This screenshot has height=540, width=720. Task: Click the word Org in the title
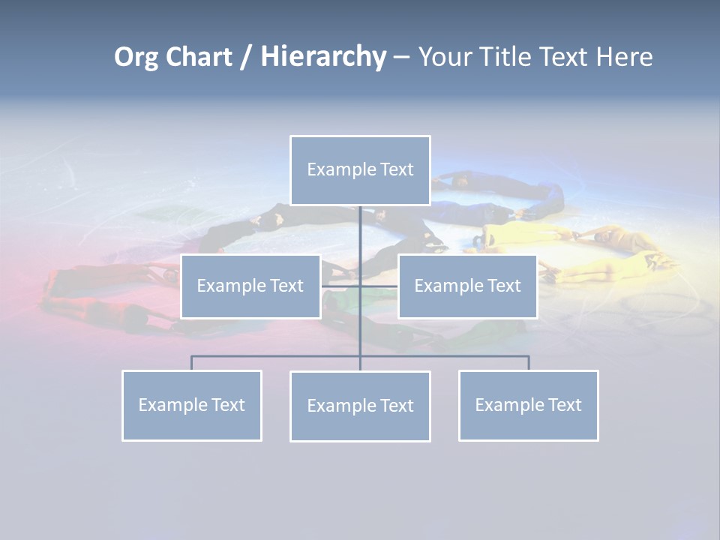(136, 57)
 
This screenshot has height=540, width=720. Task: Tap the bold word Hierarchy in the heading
(323, 57)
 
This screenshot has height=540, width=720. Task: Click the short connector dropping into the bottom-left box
(192, 363)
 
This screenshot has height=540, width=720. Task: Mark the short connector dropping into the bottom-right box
(529, 363)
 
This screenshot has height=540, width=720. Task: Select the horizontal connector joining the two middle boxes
(359, 286)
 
